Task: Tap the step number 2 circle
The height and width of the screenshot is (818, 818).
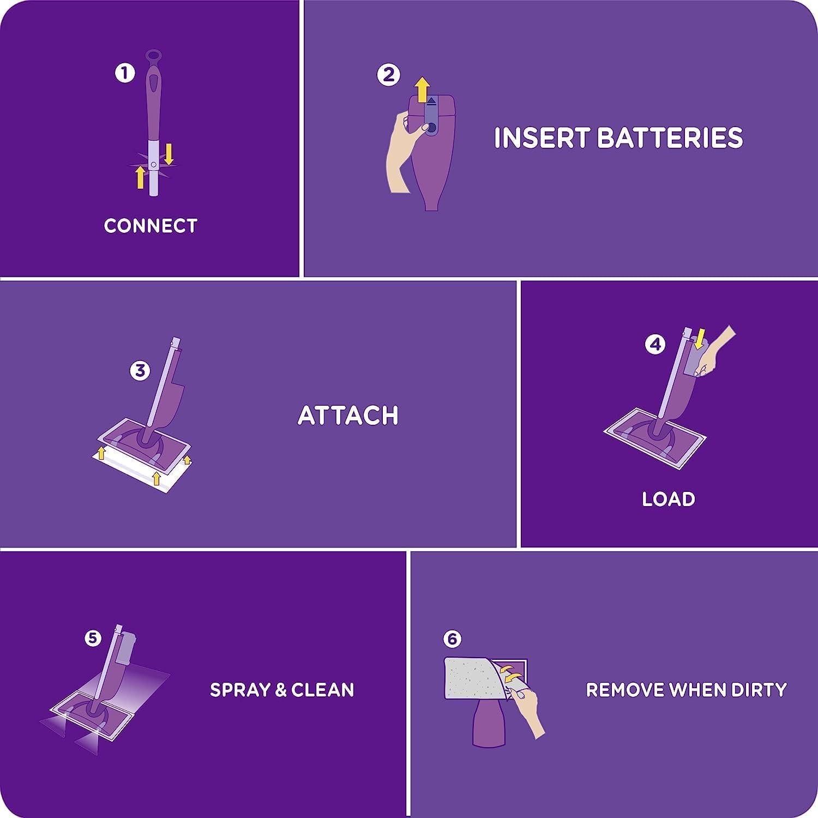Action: pos(388,75)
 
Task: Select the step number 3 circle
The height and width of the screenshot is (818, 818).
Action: pos(140,370)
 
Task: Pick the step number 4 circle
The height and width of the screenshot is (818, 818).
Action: pos(655,344)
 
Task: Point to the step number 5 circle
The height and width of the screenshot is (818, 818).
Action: pos(93,638)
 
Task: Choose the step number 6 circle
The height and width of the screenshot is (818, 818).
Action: pos(452,639)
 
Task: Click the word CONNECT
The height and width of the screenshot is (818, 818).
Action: pos(151,226)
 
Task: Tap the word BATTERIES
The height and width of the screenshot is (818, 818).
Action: pos(670,137)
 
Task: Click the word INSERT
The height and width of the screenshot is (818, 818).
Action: pos(542,137)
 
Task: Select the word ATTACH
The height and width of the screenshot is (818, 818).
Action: pos(348,416)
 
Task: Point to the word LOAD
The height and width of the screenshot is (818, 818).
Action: pos(669,499)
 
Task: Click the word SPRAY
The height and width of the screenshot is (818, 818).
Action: pos(240,690)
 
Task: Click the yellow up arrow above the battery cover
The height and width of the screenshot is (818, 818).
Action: pos(421,89)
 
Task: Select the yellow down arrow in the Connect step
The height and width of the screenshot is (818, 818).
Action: pos(169,154)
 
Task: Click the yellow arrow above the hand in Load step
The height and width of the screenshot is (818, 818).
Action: pos(700,336)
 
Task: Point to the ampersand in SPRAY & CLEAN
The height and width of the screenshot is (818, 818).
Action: pos(281,690)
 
